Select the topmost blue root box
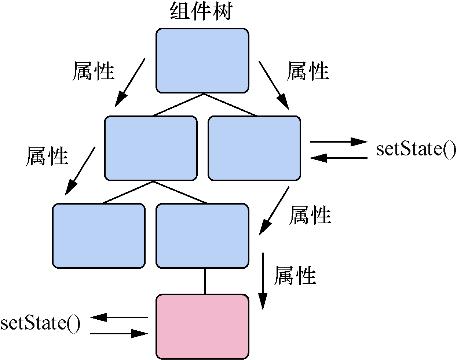[203, 59]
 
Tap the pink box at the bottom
[203, 326]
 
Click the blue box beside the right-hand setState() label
[254, 148]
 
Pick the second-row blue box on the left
[151, 148]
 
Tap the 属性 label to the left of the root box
[93, 71]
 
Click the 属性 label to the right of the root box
[308, 71]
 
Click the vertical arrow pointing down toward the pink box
[262, 277]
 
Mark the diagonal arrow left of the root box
[131, 83]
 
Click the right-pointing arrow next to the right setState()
[338, 143]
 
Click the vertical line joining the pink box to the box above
[204, 281]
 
